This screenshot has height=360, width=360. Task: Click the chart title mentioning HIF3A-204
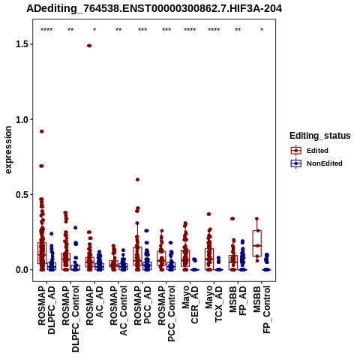tap(154, 9)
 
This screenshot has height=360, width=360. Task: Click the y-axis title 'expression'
tap(8, 150)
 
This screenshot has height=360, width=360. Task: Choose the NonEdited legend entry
tap(316, 163)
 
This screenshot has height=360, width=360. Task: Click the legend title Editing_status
tap(320, 136)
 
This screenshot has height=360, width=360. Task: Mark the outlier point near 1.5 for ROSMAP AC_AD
tap(89, 46)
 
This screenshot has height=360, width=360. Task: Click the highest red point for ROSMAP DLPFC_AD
tap(42, 131)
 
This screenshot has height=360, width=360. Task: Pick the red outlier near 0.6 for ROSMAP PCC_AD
tap(137, 179)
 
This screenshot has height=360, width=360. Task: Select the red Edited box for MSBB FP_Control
tap(257, 243)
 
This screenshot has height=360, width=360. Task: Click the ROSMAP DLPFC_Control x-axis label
tap(70, 319)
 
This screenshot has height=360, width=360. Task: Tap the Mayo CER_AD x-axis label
tap(190, 304)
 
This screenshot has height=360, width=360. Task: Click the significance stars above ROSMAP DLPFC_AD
tap(46, 30)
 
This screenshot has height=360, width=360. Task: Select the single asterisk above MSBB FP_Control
tap(262, 30)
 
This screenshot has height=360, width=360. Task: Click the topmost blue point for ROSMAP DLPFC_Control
tap(75, 228)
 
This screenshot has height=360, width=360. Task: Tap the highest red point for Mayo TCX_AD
tap(208, 214)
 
